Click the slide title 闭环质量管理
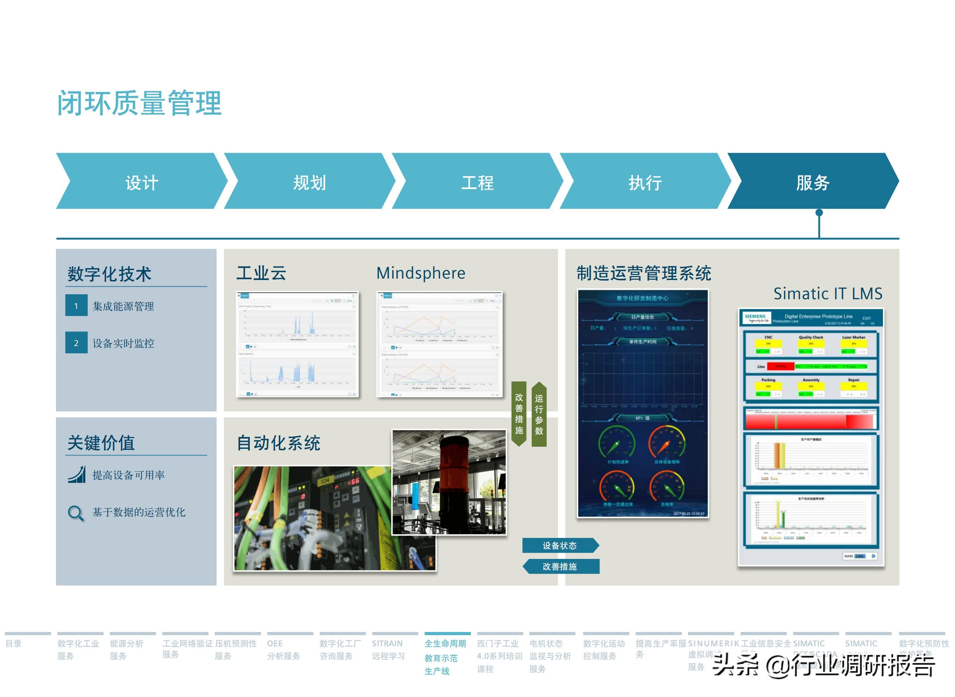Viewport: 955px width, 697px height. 139,103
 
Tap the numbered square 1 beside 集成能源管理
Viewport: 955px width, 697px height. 76,306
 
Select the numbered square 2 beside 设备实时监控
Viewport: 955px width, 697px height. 76,343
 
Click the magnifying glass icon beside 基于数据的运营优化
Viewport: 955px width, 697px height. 76,513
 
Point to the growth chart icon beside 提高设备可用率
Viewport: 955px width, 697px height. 77,475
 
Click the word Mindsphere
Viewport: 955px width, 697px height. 420,273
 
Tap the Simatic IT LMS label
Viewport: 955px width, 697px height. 828,294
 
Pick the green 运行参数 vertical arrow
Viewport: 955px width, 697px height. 539,414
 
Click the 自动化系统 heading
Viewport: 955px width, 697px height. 278,443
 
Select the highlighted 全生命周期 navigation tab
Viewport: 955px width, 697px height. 445,656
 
